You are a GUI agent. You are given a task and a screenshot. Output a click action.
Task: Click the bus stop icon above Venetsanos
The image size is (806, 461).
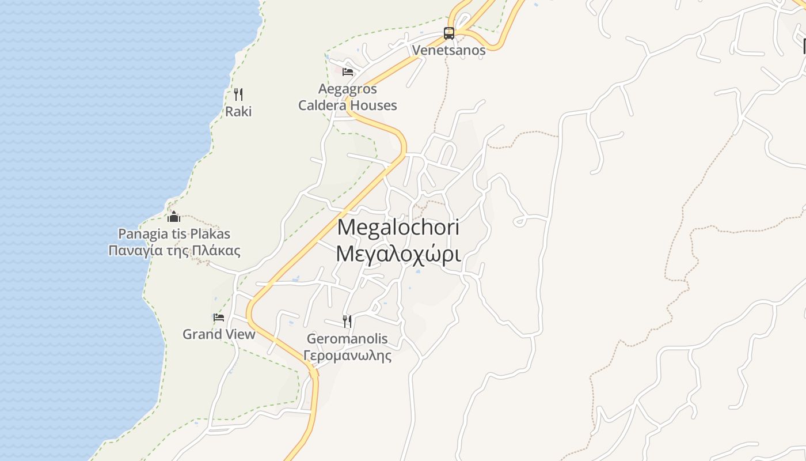click(x=449, y=33)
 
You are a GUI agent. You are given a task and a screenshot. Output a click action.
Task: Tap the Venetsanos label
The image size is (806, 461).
click(x=448, y=50)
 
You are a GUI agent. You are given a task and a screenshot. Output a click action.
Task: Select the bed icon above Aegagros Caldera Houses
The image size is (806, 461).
click(x=347, y=72)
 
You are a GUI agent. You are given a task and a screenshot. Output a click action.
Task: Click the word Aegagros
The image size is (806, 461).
click(x=347, y=89)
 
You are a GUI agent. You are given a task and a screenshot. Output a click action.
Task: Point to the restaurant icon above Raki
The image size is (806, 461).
click(x=238, y=95)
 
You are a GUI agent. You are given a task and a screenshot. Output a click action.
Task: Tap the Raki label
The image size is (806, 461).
click(x=238, y=111)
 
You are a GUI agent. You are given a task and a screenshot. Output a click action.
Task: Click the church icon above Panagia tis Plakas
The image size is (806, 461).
click(x=174, y=217)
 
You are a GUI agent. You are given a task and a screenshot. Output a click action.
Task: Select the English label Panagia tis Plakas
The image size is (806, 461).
click(x=174, y=234)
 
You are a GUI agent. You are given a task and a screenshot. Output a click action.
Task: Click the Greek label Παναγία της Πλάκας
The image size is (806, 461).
click(x=174, y=251)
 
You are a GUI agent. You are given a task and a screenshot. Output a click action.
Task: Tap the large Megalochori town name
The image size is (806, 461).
click(x=398, y=227)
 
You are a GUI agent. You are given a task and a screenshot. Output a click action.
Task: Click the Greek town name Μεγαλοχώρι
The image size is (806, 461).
click(x=398, y=254)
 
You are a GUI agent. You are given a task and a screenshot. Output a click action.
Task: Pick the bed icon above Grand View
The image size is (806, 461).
click(x=218, y=318)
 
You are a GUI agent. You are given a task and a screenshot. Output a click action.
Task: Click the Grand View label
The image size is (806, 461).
click(x=219, y=334)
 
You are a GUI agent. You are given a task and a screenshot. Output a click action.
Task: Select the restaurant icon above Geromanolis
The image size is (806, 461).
click(x=347, y=321)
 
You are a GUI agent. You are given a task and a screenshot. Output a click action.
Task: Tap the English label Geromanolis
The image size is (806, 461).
click(x=347, y=338)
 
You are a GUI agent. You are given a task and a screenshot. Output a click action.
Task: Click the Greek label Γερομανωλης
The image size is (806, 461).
click(x=347, y=355)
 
